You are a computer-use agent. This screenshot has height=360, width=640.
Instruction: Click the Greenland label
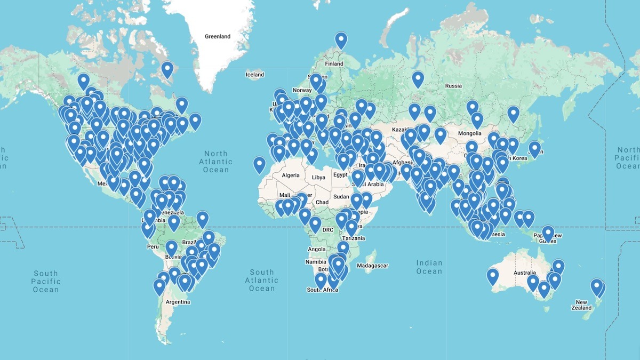[x=218, y=37]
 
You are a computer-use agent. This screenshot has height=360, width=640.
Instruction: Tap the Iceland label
[x=254, y=75]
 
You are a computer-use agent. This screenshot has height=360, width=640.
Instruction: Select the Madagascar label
[x=372, y=266]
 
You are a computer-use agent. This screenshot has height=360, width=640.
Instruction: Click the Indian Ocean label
[x=429, y=267]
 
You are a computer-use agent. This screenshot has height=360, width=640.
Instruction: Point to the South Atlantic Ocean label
[x=262, y=280]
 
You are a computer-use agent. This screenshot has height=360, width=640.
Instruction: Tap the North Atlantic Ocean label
[x=216, y=161]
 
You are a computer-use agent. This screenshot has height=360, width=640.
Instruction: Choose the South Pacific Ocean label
[x=46, y=281]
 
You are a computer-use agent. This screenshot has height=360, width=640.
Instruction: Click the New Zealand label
[x=581, y=305]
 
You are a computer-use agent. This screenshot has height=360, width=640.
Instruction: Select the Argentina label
[x=178, y=302]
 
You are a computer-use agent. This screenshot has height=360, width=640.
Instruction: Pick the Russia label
[x=453, y=85]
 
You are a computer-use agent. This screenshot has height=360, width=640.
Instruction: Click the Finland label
[x=334, y=63]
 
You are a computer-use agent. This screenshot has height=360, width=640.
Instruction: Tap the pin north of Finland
[x=341, y=40]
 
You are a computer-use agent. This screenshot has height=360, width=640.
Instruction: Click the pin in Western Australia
[x=492, y=276]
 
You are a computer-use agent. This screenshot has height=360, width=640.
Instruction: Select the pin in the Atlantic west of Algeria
[x=259, y=164]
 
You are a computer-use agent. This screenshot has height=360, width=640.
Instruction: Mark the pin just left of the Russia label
[x=418, y=79]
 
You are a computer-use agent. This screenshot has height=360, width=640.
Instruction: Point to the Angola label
[x=317, y=249]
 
